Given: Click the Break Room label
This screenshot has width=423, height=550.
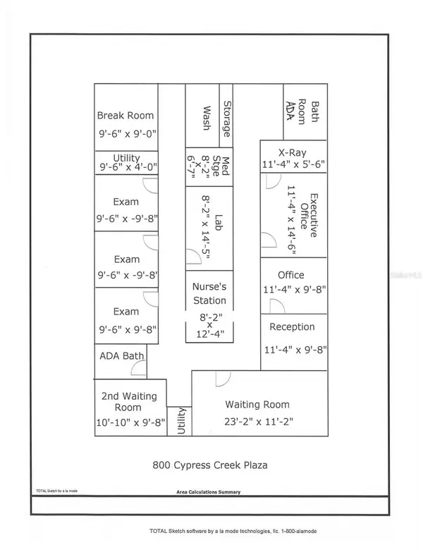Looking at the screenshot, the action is (125, 116).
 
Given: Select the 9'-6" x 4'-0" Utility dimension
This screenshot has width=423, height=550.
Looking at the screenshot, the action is (128, 167).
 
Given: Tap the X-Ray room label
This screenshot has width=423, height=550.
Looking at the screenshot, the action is (293, 152).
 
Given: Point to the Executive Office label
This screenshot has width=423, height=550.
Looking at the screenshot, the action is (309, 215).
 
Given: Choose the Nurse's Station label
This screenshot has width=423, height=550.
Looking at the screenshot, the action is (209, 293).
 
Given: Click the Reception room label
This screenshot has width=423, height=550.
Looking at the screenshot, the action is (292, 327).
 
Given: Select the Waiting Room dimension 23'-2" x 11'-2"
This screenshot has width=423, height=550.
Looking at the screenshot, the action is (259, 421).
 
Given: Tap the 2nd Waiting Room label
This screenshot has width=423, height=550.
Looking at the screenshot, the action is (129, 402).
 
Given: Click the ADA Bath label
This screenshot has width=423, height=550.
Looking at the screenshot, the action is (122, 356).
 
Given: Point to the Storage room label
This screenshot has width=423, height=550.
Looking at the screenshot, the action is (227, 119).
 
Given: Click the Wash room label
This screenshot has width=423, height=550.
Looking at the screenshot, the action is (207, 118).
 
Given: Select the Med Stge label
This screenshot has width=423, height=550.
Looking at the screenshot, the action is (221, 166).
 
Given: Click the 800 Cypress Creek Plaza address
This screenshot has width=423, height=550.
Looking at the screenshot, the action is (210, 465).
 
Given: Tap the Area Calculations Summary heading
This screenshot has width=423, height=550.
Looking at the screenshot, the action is (209, 492).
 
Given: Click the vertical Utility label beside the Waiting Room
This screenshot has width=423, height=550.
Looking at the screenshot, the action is (181, 421).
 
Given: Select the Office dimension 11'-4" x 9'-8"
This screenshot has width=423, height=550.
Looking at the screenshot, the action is (295, 290).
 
